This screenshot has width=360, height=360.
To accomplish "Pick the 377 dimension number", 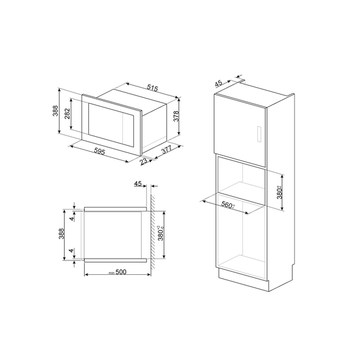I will [168, 152].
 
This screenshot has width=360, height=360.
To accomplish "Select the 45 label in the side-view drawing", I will [139, 184].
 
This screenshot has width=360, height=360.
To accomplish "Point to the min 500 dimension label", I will [119, 273].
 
